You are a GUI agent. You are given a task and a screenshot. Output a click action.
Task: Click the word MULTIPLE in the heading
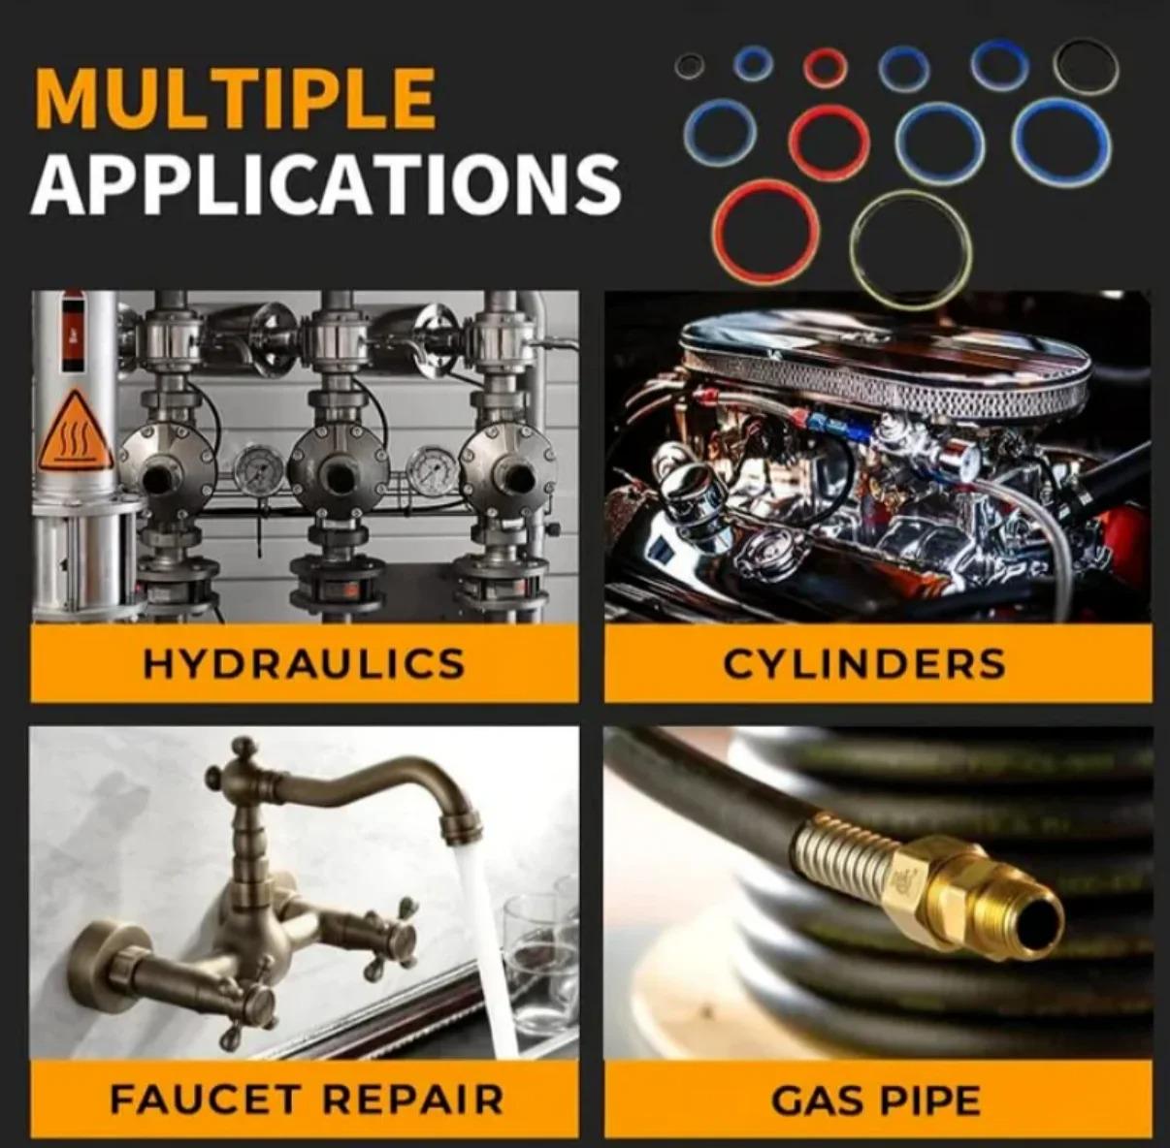(236, 98)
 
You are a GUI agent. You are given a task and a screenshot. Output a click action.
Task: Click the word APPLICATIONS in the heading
(326, 182)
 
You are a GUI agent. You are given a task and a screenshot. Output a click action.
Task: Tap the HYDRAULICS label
(304, 662)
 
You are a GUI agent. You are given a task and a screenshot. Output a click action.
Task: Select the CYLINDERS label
(864, 663)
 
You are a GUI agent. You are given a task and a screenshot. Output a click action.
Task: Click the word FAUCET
(205, 1099)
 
